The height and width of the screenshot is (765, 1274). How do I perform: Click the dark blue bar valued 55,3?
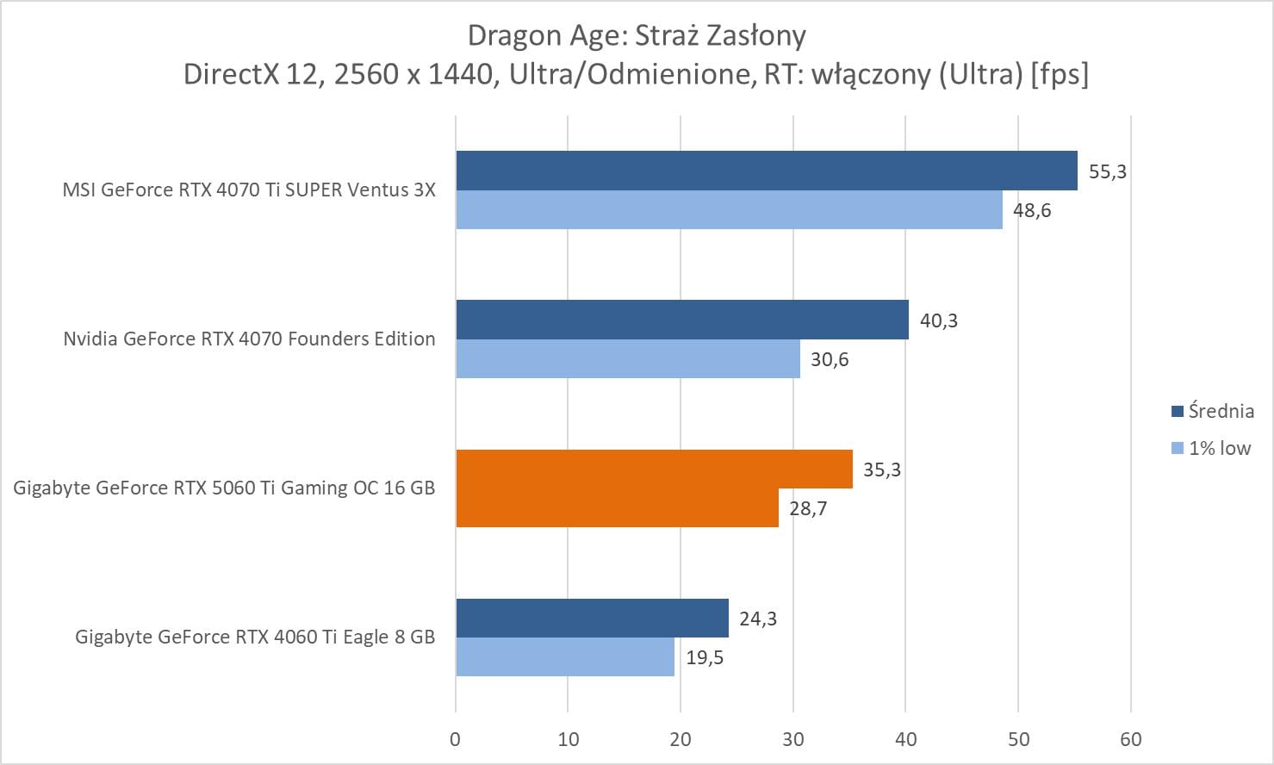click(x=766, y=171)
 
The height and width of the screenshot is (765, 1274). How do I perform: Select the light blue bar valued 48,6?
click(x=729, y=209)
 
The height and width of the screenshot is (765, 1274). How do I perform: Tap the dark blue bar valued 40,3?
click(x=681, y=320)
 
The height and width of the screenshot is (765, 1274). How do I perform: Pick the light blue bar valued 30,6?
click(x=627, y=358)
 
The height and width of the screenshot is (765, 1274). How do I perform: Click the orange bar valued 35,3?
click(x=654, y=469)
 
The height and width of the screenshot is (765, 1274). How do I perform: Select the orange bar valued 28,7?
click(x=617, y=507)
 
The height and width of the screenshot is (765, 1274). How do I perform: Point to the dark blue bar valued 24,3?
click(x=592, y=618)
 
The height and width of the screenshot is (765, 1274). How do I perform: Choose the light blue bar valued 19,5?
click(x=564, y=656)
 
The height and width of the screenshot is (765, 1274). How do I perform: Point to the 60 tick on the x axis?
click(x=1131, y=739)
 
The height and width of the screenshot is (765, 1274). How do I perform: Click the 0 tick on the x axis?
click(x=456, y=739)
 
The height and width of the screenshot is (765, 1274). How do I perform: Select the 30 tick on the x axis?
click(x=793, y=739)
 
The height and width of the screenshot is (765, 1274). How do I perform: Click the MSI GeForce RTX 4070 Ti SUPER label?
click(x=249, y=190)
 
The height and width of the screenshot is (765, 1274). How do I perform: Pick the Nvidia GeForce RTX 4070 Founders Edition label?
click(x=249, y=339)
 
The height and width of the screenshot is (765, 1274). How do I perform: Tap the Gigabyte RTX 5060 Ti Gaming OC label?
click(x=224, y=488)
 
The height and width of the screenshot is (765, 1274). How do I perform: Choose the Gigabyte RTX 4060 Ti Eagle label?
click(x=255, y=637)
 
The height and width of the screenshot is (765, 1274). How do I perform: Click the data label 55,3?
click(x=1108, y=171)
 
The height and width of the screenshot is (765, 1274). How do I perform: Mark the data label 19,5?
click(x=705, y=658)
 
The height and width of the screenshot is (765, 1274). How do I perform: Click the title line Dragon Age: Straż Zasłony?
click(x=637, y=35)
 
